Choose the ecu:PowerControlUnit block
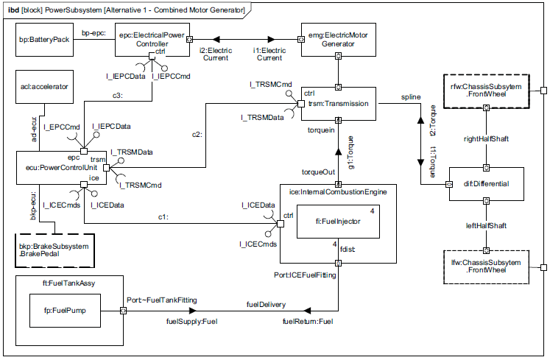pyautogui.click(x=52, y=168)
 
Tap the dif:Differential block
pyautogui.click(x=486, y=183)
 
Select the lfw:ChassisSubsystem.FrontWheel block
pyautogui.click(x=486, y=267)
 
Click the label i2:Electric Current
pyautogui.click(x=216, y=54)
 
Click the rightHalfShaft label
pyautogui.click(x=485, y=138)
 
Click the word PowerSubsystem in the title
pyautogui.click(x=89, y=7)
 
